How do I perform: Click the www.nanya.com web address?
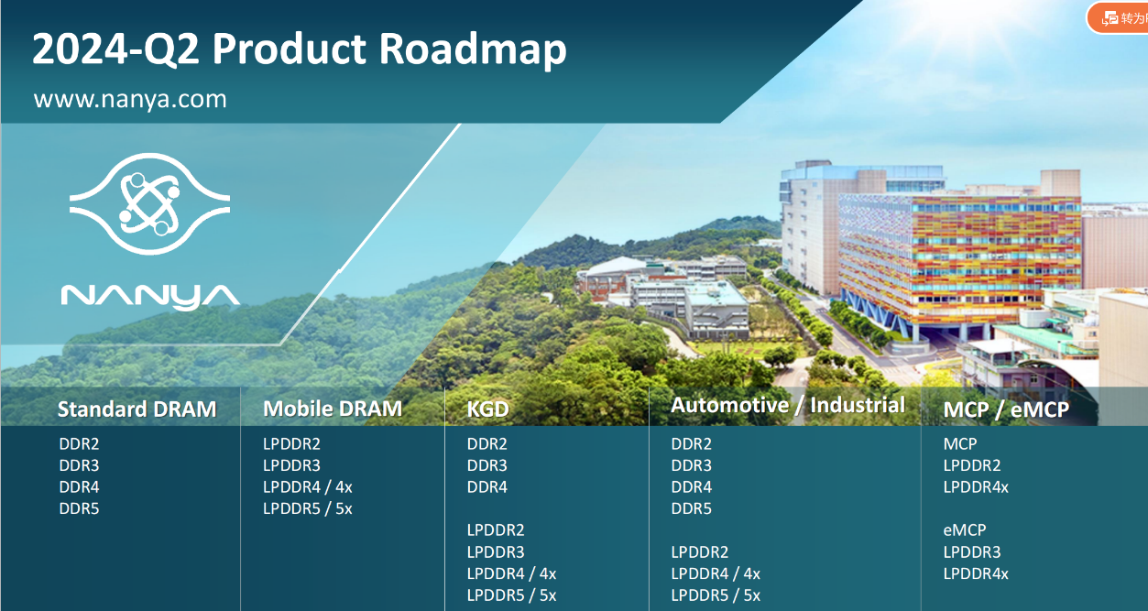point(130,99)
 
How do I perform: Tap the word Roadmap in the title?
point(473,49)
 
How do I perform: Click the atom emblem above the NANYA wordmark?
point(149,204)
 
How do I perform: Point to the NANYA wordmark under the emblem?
point(150,297)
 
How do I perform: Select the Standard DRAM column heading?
point(137,409)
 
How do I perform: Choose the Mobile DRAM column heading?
point(333,409)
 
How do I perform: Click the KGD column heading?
point(488,409)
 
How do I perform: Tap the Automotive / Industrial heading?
point(788,405)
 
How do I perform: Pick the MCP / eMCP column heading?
point(1007,409)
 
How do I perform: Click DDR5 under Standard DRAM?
point(79,508)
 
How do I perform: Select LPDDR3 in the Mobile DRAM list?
point(291,465)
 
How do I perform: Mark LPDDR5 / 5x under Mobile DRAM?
point(308,508)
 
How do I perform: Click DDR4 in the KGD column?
point(487,487)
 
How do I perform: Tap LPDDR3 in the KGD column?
point(496,552)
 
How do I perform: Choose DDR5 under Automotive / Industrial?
point(692,508)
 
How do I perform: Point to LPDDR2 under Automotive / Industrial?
point(700,552)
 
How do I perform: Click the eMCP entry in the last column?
point(965,530)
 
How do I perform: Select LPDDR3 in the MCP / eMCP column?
point(972,552)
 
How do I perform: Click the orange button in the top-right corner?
point(1117,18)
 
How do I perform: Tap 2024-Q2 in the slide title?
point(115,49)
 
